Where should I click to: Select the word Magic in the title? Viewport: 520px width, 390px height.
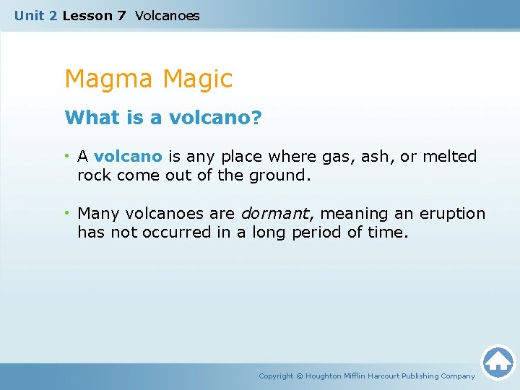click(198, 79)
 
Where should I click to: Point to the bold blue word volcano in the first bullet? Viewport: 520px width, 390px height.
click(128, 157)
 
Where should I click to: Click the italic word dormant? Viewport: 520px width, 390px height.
click(274, 214)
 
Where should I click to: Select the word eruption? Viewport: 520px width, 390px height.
click(453, 214)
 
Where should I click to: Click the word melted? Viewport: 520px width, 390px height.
click(451, 157)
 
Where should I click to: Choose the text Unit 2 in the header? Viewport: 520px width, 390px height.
click(35, 15)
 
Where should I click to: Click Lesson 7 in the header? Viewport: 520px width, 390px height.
click(94, 15)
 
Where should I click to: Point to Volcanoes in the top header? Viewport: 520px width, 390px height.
click(167, 15)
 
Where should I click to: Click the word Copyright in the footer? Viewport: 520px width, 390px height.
click(276, 376)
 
